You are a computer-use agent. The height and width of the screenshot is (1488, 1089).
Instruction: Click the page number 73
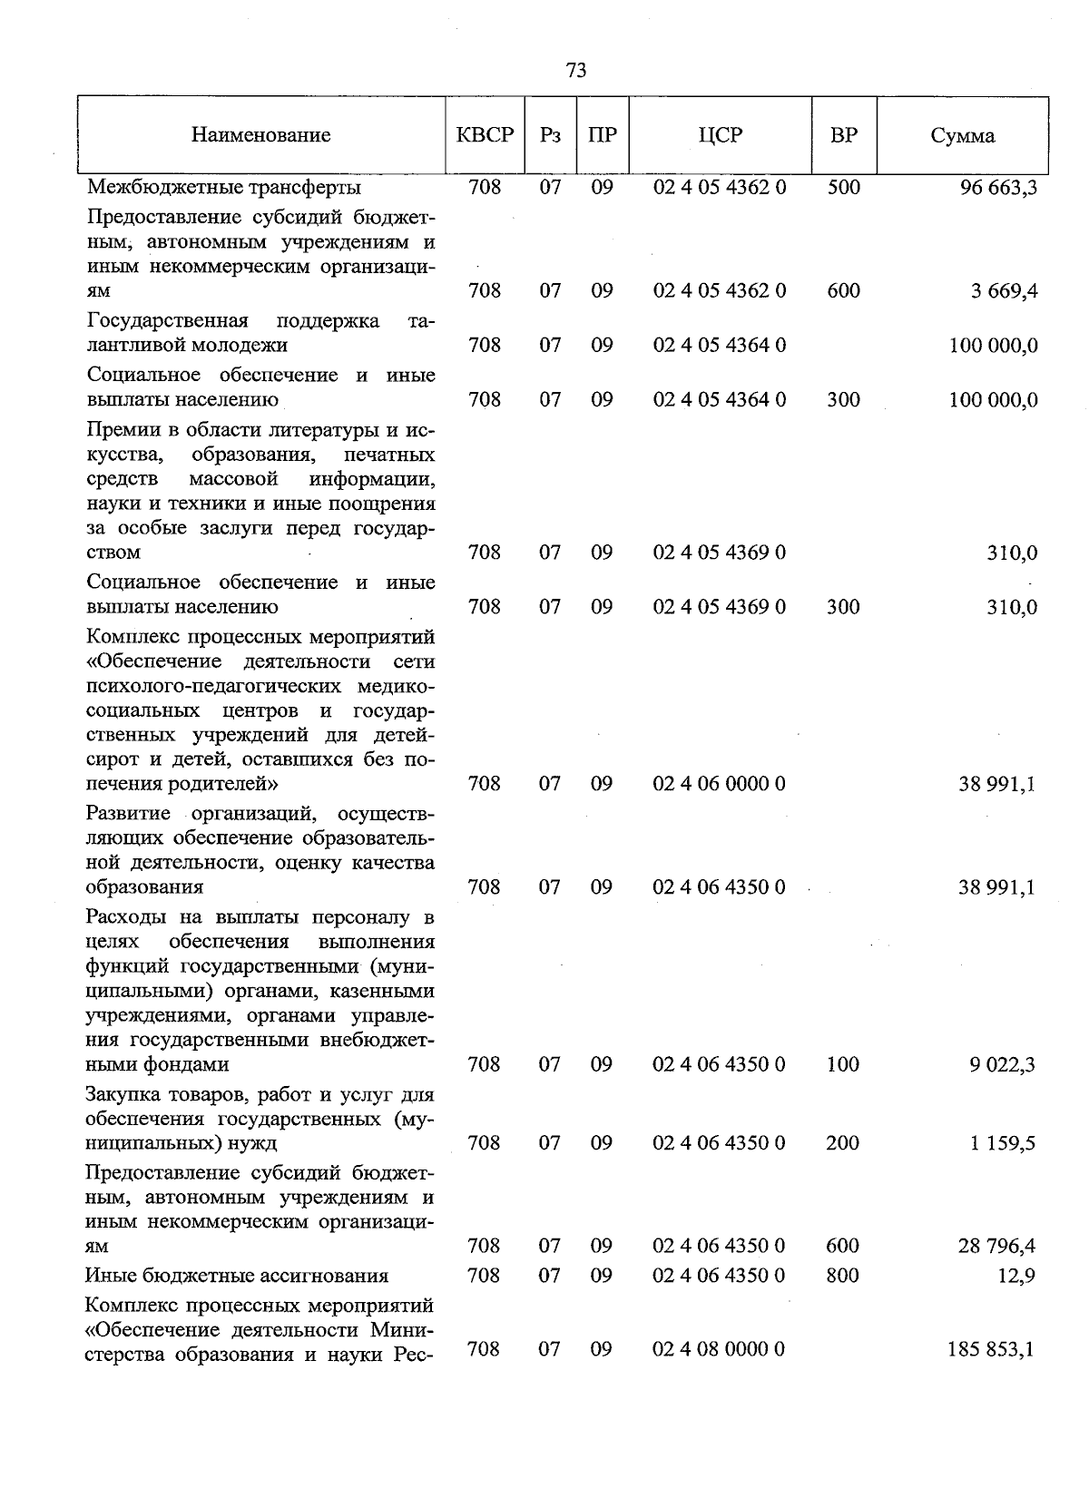tap(575, 71)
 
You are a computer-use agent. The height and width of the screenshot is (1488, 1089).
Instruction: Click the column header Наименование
tap(261, 136)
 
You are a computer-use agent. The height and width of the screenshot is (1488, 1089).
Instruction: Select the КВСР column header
tap(485, 136)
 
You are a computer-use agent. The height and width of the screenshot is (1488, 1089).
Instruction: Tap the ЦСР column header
tap(720, 136)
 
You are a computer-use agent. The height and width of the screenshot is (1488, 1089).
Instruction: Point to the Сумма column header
tap(962, 136)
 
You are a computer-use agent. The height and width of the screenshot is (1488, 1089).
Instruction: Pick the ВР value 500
tap(844, 188)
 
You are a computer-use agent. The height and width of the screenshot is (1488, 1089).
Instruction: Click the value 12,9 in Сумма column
tap(1017, 1277)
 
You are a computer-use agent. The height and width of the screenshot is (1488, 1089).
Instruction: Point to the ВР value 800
tap(843, 1276)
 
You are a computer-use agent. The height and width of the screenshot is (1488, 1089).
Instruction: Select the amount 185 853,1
tap(991, 1350)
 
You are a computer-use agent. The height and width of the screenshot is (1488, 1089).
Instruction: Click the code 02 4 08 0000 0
tap(719, 1350)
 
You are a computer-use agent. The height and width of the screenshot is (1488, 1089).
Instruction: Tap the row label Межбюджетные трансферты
tap(224, 188)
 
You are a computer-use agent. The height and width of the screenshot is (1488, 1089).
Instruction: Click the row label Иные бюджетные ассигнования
tap(237, 1277)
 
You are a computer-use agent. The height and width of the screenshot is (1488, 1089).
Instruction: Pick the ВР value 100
tap(843, 1064)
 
